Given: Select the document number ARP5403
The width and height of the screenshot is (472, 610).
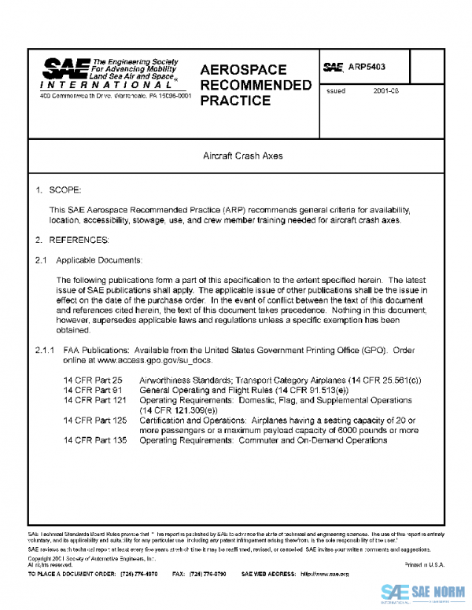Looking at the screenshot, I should tap(367, 68).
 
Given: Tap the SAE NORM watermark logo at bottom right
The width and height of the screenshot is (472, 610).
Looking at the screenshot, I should tap(423, 593).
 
